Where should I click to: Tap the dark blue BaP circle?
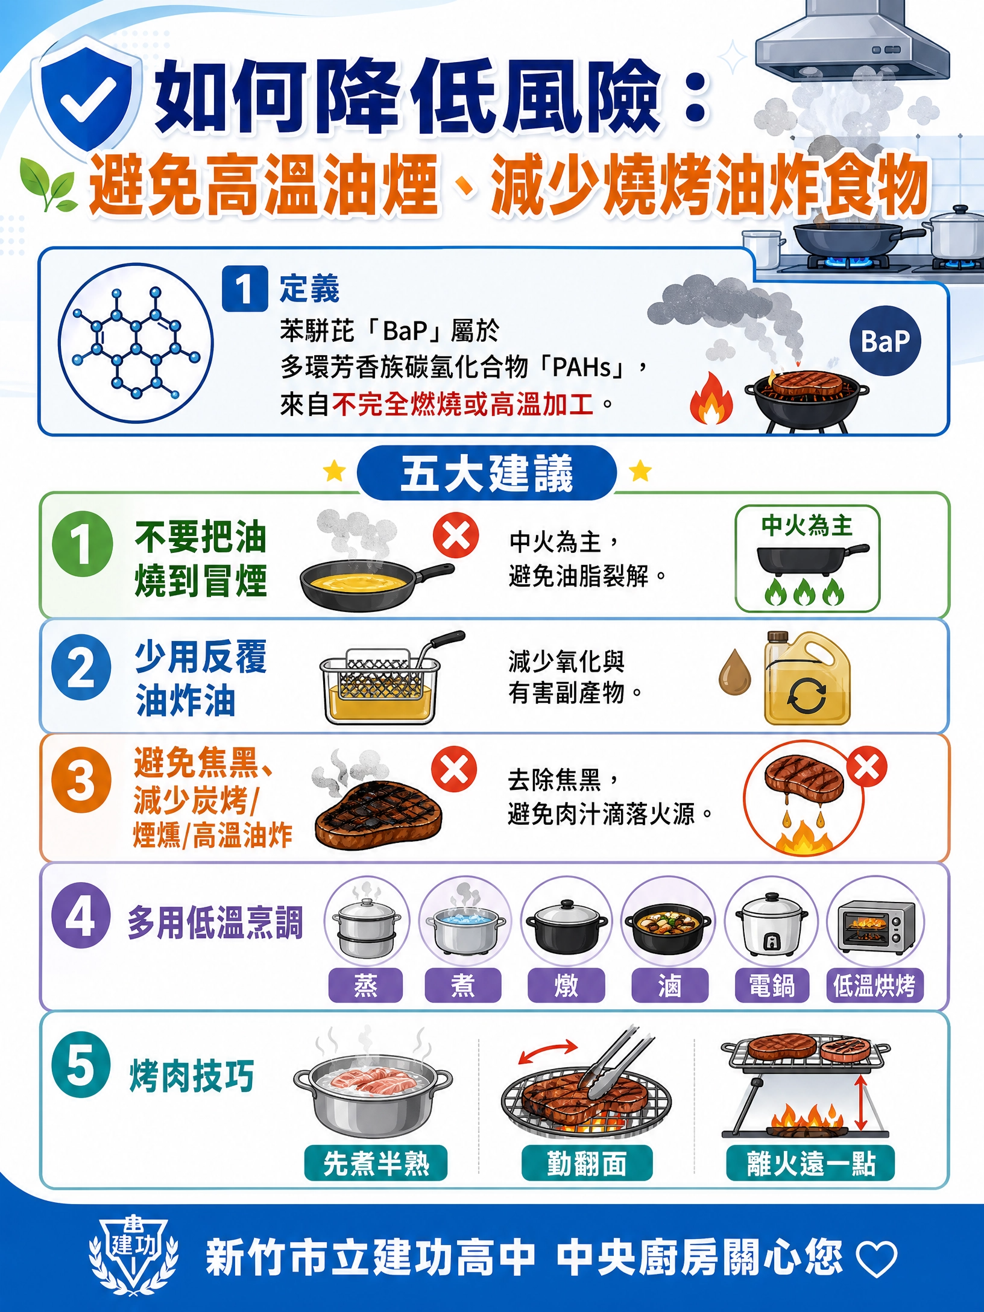(885, 341)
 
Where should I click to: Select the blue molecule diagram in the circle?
(136, 343)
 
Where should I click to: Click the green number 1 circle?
(82, 543)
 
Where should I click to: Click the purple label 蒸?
(365, 985)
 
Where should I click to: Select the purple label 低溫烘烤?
(874, 985)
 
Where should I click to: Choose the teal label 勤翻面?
(587, 1162)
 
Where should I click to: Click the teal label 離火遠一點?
(810, 1162)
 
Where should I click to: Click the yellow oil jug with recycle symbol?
(807, 678)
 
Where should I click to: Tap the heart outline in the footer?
(877, 1260)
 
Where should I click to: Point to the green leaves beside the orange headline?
(48, 183)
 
